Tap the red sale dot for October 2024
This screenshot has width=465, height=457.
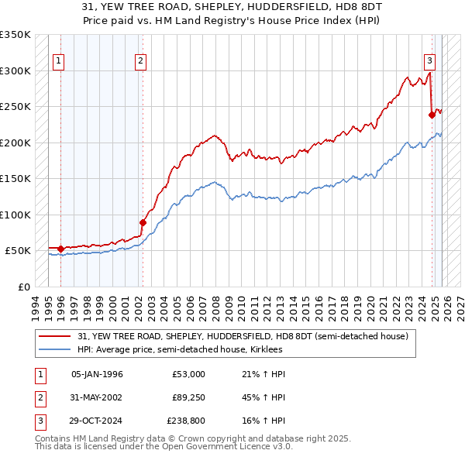tap(432, 115)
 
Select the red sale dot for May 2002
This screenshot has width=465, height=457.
tap(143, 223)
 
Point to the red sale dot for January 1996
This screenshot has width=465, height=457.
tap(60, 249)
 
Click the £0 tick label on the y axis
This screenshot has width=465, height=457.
tap(22, 287)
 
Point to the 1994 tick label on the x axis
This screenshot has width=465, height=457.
tap(35, 306)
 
